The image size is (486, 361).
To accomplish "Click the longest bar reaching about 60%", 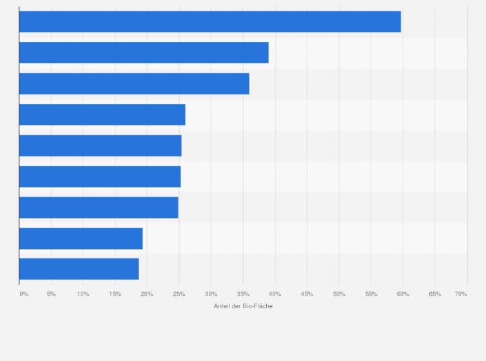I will (x=209, y=22).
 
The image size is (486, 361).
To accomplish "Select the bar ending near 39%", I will (x=144, y=53).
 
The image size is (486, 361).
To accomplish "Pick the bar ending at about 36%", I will (x=134, y=84).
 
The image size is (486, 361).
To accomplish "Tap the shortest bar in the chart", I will (x=79, y=269).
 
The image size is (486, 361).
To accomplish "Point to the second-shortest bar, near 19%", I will (x=81, y=239).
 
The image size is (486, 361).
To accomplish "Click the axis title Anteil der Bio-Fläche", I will (x=243, y=306).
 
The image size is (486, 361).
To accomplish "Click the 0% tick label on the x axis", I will (x=24, y=294).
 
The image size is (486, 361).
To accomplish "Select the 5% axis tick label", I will (x=51, y=294).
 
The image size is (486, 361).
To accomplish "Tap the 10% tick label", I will (x=83, y=294).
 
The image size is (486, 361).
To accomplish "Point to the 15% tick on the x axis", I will (x=115, y=294).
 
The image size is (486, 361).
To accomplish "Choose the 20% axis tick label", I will (x=147, y=294).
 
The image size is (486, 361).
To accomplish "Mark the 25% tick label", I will (x=179, y=294).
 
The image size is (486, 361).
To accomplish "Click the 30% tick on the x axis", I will (x=211, y=294).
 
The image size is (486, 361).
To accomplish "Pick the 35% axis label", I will (x=243, y=294).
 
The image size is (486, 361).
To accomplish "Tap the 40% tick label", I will (x=275, y=294).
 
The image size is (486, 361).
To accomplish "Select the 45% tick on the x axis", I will (x=307, y=294).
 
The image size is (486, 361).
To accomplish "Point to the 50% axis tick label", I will (x=339, y=294).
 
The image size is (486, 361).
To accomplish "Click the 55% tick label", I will (x=371, y=294).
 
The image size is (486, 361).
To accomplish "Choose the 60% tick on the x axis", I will (x=403, y=294).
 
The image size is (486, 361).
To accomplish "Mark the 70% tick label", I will (x=461, y=294).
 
